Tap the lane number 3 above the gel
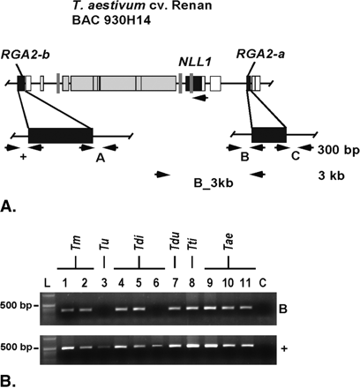[x=105, y=283]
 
